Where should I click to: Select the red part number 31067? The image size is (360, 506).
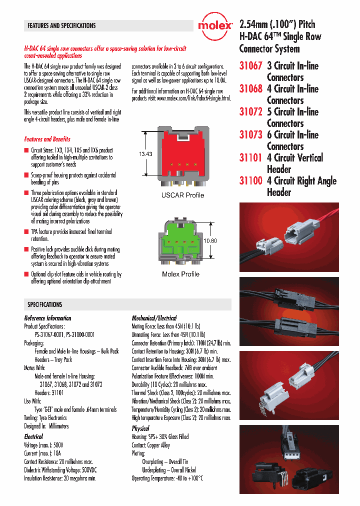pos(250,66)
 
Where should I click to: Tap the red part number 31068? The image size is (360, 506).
pos(250,89)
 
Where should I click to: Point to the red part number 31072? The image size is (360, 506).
pos(250,112)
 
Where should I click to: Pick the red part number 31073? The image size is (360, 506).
pos(250,135)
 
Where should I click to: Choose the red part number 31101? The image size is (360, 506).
pos(250,158)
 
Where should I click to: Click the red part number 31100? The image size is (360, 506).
pos(250,181)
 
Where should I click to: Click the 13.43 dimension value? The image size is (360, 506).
pos(145,154)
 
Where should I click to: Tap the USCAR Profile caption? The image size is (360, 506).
pos(182,195)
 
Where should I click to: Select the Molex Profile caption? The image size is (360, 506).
pos(180,274)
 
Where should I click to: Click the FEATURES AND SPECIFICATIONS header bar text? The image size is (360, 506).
pos(61,25)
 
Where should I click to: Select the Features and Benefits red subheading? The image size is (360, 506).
pos(47,139)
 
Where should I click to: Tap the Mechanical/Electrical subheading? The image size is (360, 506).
pos(154,318)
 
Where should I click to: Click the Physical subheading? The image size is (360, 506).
pos(140,428)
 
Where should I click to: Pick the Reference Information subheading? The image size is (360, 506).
pos(47,318)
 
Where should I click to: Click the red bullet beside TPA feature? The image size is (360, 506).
pos(26,232)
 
